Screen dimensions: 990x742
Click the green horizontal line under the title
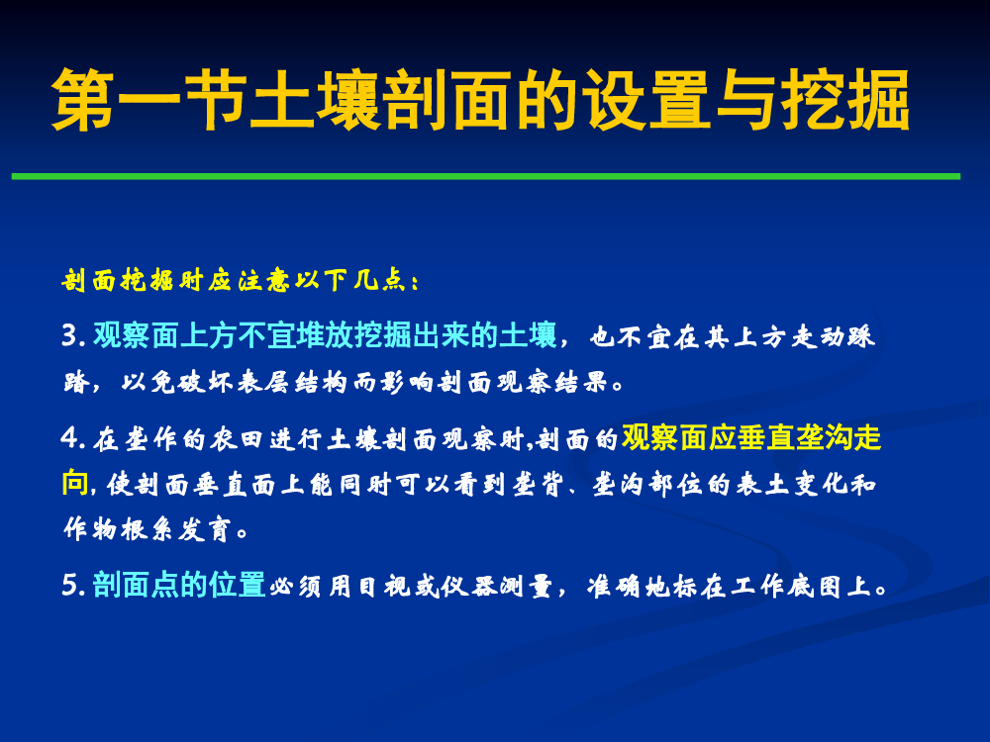(485, 177)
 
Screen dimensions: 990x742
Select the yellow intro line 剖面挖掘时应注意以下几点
(240, 280)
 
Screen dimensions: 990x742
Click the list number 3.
(73, 335)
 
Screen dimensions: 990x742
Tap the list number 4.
(73, 438)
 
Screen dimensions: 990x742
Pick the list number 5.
(73, 586)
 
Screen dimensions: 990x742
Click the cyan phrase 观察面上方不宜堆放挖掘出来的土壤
(325, 335)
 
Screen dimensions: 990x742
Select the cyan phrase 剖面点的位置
(179, 585)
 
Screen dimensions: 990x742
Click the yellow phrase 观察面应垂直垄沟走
(751, 438)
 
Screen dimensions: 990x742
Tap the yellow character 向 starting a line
(76, 484)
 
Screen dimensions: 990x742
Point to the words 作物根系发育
(148, 529)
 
